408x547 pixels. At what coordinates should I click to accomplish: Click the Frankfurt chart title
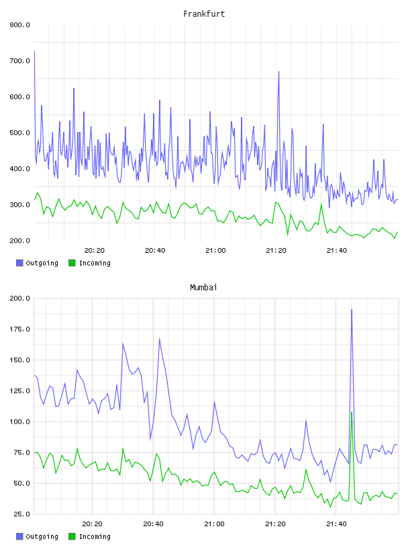click(204, 13)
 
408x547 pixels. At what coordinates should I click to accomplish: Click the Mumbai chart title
click(203, 287)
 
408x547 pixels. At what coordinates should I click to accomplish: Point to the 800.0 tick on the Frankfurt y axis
click(19, 25)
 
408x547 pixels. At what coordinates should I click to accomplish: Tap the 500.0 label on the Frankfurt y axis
click(19, 133)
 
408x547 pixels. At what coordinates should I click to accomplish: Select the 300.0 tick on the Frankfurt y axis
click(19, 204)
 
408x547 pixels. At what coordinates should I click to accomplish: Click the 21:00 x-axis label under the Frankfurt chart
click(215, 250)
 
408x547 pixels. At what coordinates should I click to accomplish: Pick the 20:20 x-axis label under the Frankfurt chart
click(95, 250)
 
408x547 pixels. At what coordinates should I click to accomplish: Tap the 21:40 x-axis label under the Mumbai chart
click(336, 524)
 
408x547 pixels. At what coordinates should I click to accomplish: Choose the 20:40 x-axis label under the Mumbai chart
click(154, 524)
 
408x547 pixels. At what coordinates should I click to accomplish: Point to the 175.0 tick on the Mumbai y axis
click(19, 329)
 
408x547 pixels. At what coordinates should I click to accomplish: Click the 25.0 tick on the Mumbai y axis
click(21, 514)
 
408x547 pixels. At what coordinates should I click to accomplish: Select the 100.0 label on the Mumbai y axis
click(19, 422)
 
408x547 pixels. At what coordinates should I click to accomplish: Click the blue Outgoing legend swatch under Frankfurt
click(19, 263)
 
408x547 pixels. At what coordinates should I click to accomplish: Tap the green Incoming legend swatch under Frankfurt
click(72, 263)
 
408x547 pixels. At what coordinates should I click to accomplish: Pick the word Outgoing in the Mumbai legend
click(42, 536)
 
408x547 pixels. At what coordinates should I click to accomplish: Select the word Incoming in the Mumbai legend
click(95, 536)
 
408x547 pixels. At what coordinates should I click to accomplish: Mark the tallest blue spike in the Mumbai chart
click(352, 310)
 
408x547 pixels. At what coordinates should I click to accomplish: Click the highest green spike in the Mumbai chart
click(352, 412)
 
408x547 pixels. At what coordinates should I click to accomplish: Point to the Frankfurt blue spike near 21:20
click(278, 72)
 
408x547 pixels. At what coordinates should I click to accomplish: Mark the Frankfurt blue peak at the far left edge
click(35, 52)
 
